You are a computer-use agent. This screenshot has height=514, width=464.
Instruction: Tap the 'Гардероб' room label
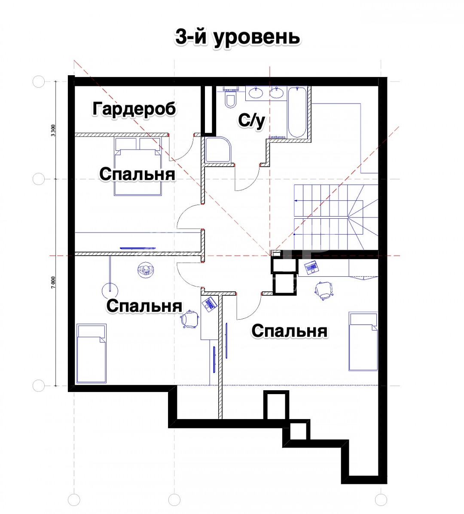pyautogui.click(x=134, y=109)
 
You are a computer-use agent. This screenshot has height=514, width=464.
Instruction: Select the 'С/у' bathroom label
pyautogui.click(x=251, y=121)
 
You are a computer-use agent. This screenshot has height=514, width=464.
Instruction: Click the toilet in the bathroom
pyautogui.click(x=231, y=98)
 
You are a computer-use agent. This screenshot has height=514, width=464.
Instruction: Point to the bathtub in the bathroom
pyautogui.click(x=297, y=112)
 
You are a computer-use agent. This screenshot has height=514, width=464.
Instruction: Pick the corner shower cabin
pyautogui.click(x=217, y=150)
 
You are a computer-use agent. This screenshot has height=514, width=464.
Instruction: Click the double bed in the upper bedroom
pyautogui.click(x=138, y=166)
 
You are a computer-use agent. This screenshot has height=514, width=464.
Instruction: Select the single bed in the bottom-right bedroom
pyautogui.click(x=363, y=341)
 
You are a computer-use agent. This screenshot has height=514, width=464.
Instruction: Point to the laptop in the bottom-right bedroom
pyautogui.click(x=311, y=267)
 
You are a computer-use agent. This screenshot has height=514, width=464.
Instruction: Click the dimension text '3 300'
pyautogui.click(x=53, y=131)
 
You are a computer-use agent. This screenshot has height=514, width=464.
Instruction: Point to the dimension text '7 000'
pyautogui.click(x=53, y=282)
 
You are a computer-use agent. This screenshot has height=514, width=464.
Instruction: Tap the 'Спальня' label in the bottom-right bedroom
pyautogui.click(x=290, y=331)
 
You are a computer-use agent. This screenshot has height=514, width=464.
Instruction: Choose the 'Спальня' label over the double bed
pyautogui.click(x=137, y=174)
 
